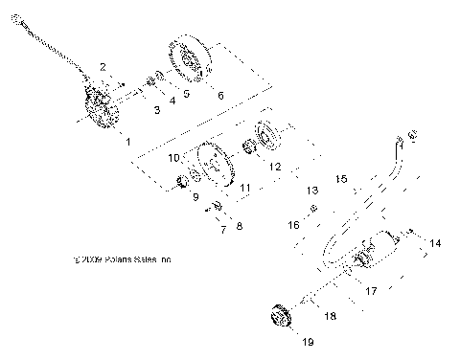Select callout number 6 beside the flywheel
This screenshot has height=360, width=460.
pos(220,96)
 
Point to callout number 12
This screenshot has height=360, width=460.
pos(274,166)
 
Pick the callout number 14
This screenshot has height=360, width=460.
pos(435,245)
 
